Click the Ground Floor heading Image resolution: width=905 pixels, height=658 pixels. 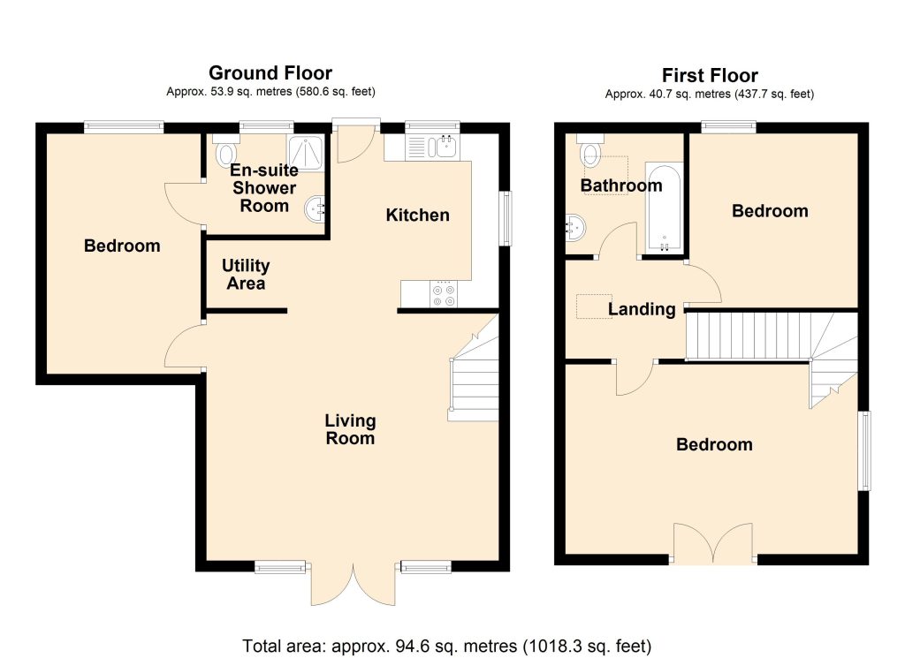tap(270, 73)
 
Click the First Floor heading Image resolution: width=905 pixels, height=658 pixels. tap(710, 76)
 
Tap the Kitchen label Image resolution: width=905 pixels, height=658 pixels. tap(417, 216)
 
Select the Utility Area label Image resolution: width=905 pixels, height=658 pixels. tap(246, 275)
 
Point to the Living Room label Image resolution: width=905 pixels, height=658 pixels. tap(350, 429)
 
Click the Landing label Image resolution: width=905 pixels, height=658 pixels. tap(642, 309)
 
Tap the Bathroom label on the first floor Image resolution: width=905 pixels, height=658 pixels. tap(621, 185)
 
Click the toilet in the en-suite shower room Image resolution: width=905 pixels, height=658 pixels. tap(225, 150)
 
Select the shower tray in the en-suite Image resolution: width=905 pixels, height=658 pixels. tap(304, 153)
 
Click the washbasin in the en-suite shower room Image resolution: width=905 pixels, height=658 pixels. tap(316, 208)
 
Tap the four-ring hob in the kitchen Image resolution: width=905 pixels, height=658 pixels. tap(444, 294)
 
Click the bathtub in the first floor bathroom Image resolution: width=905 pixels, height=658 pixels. tap(664, 208)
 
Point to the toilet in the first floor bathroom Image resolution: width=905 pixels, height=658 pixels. tap(590, 149)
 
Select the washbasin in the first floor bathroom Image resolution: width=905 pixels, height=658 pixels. tap(575, 227)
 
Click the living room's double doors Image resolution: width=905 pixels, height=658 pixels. tap(353, 582)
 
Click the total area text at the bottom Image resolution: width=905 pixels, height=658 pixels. tap(446, 646)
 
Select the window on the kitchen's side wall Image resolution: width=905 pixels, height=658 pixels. tap(505, 218)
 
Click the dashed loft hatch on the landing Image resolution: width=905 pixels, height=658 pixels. tap(594, 306)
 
